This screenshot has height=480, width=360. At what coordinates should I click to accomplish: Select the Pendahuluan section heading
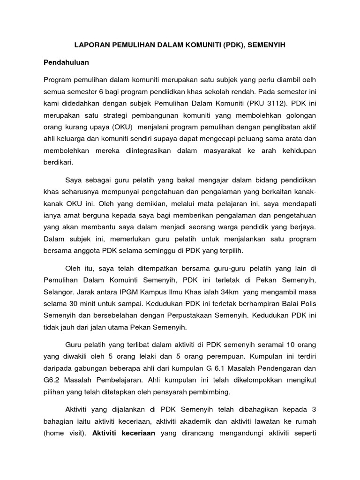[x=66, y=62]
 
